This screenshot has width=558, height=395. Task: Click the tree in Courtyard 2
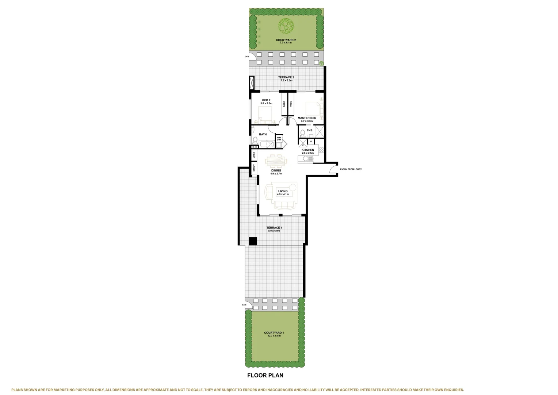tap(286, 26)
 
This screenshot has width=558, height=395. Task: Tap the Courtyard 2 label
tap(286, 40)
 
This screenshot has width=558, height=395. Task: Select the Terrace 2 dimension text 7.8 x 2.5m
tap(286, 80)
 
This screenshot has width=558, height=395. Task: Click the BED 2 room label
tap(266, 100)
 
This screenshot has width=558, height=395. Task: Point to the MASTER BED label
tap(307, 118)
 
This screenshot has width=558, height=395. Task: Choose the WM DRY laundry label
tap(279, 139)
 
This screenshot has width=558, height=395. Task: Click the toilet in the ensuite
tap(302, 133)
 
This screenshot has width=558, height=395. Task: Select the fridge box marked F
tap(303, 145)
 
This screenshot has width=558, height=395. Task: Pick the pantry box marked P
tap(311, 141)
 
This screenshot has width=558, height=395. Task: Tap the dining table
tap(276, 161)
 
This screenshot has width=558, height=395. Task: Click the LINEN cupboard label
tap(254, 155)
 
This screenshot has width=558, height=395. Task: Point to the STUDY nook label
tap(254, 168)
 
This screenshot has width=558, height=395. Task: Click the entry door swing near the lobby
tap(333, 169)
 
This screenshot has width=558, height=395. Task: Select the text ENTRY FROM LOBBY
tap(351, 169)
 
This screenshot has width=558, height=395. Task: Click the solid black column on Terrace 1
tap(253, 241)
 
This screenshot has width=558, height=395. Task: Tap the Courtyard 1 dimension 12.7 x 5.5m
tap(274, 335)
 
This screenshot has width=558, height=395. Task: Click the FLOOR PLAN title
tap(265, 375)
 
